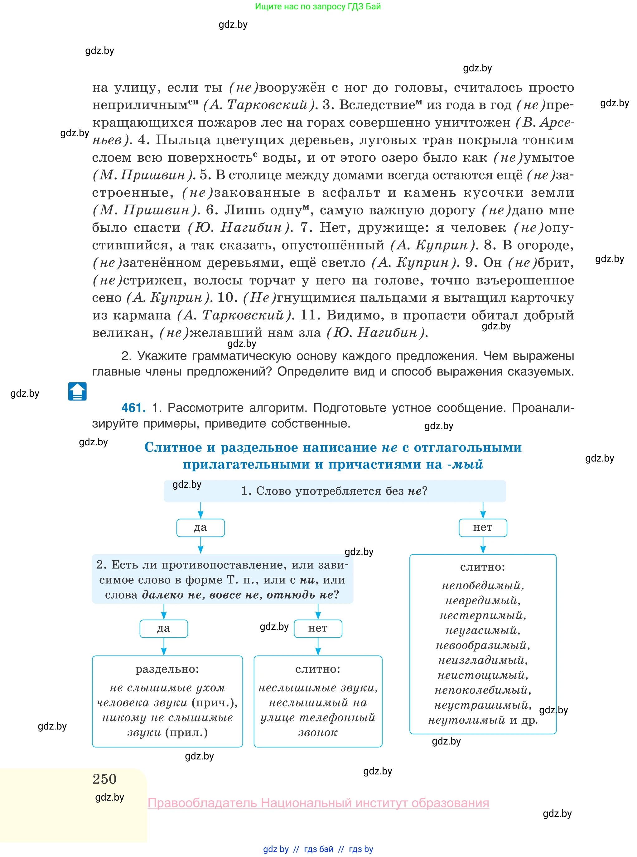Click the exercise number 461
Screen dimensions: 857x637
133,408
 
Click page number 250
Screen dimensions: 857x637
104,779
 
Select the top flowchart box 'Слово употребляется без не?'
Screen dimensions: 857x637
334,491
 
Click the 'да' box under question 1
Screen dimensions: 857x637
200,528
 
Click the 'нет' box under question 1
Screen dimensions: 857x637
482,528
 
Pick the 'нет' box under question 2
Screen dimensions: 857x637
318,629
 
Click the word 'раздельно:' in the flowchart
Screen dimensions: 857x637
167,669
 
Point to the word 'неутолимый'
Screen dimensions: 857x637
466,720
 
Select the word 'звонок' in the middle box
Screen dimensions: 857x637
318,733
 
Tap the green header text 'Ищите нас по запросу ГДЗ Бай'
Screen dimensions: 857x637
318,7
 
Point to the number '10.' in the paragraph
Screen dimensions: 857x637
228,298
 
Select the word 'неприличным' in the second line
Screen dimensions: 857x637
140,105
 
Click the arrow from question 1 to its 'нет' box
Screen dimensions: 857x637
483,510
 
